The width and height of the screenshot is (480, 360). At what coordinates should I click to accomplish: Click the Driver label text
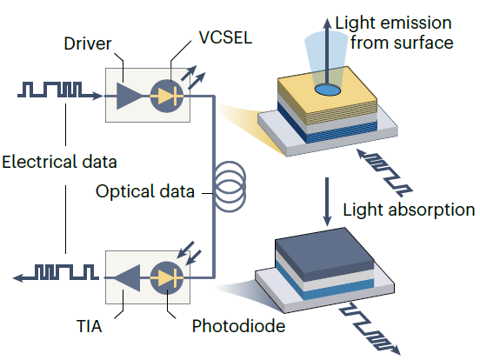tap(88, 43)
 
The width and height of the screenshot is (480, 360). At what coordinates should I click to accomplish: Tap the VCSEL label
tap(225, 37)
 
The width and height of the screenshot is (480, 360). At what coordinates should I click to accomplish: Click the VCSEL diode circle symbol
tap(167, 96)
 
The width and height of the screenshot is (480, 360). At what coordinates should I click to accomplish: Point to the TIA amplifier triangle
tap(127, 278)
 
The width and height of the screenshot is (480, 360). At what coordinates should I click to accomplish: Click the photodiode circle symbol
tap(167, 278)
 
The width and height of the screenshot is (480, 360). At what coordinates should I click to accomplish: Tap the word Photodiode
tap(238, 326)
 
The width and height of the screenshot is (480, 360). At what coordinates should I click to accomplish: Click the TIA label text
tap(89, 326)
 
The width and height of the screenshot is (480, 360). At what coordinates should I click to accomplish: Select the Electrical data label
tap(59, 162)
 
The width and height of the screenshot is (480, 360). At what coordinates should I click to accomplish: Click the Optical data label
tap(145, 191)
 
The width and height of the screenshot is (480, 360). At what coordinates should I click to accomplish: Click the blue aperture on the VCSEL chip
tap(328, 90)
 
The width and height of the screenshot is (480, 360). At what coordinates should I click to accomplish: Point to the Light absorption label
tap(409, 210)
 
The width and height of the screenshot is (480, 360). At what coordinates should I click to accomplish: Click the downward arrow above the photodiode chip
tap(327, 202)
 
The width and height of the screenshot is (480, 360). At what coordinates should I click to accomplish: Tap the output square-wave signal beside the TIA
tap(56, 273)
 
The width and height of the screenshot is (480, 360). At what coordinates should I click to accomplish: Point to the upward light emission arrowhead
tap(327, 23)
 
